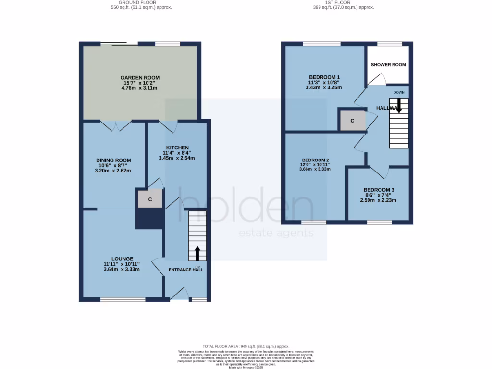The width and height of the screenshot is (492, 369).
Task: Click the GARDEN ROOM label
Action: point(140,77)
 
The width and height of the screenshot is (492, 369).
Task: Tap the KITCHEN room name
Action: point(177,148)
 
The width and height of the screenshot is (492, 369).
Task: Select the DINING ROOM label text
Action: point(113,160)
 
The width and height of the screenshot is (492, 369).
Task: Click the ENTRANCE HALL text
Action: point(185,270)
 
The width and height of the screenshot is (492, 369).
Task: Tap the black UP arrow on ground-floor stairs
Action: point(197,254)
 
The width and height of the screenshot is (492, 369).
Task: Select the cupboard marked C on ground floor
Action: point(150,199)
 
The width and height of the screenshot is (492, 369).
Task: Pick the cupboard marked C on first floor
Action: point(352,121)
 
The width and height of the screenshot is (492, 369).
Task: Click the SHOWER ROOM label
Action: point(388,65)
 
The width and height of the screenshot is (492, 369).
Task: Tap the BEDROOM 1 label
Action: point(324,77)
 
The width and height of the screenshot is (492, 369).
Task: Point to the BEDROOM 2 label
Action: point(315,160)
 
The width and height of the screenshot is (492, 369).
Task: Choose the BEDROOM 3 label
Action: point(379,190)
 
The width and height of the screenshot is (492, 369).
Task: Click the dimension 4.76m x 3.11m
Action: point(139,88)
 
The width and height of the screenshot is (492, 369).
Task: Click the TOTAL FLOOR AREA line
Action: point(246,346)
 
